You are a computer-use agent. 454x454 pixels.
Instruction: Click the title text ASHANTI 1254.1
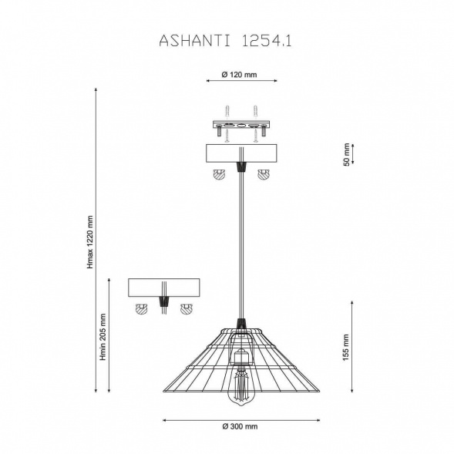pyautogui.click(x=225, y=41)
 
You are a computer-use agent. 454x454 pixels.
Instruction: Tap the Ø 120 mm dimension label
pyautogui.click(x=239, y=75)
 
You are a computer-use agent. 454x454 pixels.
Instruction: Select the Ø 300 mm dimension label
pyautogui.click(x=240, y=426)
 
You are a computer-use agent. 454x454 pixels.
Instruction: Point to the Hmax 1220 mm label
pyautogui.click(x=90, y=242)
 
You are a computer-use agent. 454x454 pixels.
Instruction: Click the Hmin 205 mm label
pyautogui.click(x=103, y=337)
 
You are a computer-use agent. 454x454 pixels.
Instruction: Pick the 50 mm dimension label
pyautogui.click(x=346, y=155)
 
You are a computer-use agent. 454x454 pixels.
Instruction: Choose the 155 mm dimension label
pyautogui.click(x=346, y=348)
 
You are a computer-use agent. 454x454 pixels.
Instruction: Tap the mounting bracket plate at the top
pyautogui.click(x=241, y=126)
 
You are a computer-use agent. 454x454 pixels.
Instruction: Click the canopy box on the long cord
pyautogui.click(x=241, y=153)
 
